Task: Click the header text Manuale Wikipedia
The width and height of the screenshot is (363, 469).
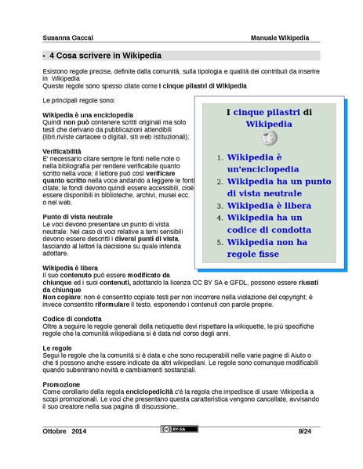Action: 280,38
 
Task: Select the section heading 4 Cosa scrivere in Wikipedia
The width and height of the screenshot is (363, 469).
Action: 105,56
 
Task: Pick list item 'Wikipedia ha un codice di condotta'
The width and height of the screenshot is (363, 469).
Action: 268,224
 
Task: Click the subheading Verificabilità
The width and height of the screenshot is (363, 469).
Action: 61,150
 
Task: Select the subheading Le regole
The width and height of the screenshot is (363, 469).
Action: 57,347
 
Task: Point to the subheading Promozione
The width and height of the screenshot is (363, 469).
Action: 61,384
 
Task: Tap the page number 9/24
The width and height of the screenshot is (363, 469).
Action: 305,431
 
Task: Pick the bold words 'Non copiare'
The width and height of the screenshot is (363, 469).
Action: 63,298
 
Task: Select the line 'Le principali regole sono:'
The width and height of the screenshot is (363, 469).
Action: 78,102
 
